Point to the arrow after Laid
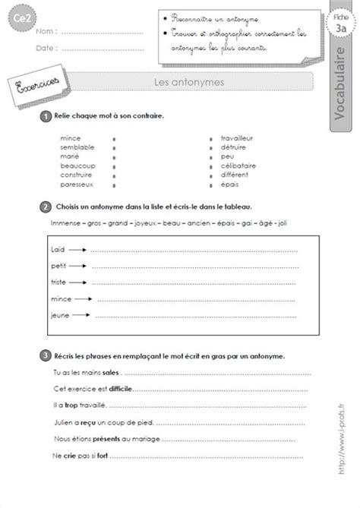(78, 248)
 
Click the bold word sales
(109, 373)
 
